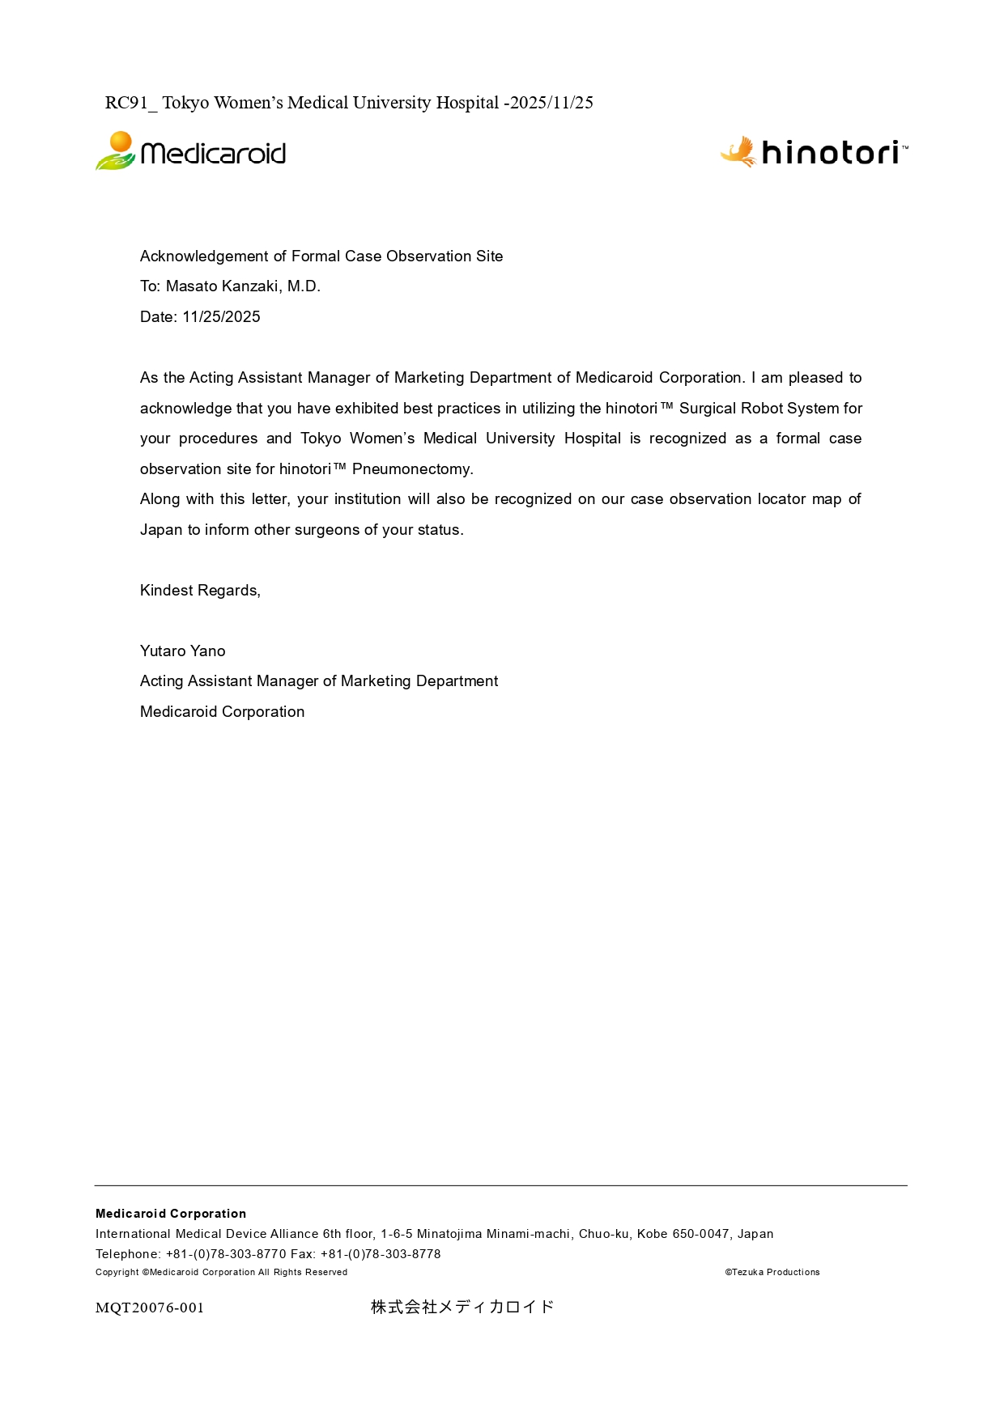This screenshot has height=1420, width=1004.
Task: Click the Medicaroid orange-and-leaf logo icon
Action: click(116, 150)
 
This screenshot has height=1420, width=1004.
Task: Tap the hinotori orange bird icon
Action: click(738, 151)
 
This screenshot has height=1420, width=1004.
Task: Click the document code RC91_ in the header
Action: click(130, 103)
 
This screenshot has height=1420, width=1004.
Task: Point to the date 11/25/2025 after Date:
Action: click(221, 317)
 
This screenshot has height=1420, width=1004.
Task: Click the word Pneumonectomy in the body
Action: click(411, 469)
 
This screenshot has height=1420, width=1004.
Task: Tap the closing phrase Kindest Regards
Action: click(200, 591)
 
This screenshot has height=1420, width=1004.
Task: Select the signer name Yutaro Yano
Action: click(182, 651)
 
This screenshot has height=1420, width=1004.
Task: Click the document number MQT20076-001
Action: click(150, 1308)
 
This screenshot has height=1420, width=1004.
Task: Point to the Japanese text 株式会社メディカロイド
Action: click(462, 1307)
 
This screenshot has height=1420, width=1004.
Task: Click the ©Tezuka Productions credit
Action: click(772, 1272)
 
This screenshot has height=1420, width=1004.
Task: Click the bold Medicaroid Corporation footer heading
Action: click(171, 1214)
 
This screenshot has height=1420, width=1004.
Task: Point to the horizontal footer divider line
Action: click(500, 1185)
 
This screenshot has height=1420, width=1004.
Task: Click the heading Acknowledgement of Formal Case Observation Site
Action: click(321, 256)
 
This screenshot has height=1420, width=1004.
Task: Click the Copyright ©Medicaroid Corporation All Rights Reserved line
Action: click(221, 1272)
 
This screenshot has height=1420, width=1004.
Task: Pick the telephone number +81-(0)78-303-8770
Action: click(226, 1254)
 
